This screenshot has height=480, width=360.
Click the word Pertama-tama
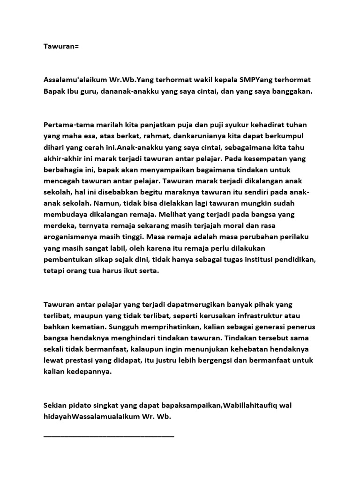(66, 126)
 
